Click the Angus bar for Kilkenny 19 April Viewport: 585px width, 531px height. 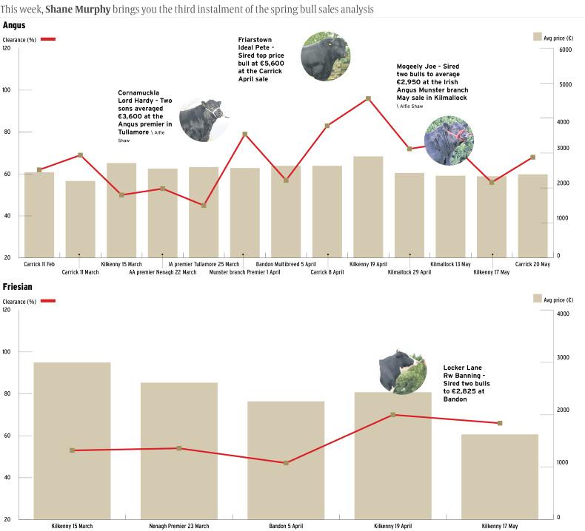pyautogui.click(x=368, y=206)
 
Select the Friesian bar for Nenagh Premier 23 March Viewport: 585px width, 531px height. pyautogui.click(x=179, y=450)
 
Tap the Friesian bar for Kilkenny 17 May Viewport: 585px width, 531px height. pyautogui.click(x=500, y=476)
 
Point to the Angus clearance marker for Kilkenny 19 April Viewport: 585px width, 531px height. pyautogui.click(x=368, y=98)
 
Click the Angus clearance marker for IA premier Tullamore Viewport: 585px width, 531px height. pyautogui.click(x=204, y=205)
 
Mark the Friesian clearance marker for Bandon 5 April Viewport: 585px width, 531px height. pyautogui.click(x=286, y=463)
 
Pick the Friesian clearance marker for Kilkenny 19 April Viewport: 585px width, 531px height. pyautogui.click(x=393, y=415)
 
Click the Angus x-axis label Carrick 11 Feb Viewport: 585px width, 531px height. pyautogui.click(x=39, y=264)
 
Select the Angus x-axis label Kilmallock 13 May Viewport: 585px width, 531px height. pyautogui.click(x=450, y=264)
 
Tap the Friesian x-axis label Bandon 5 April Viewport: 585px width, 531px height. pyautogui.click(x=286, y=526)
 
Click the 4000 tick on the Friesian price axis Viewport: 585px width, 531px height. pyautogui.click(x=563, y=314)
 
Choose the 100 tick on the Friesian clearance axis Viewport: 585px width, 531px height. pyautogui.click(x=7, y=352)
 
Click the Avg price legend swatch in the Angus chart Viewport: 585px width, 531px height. pyautogui.click(x=537, y=35)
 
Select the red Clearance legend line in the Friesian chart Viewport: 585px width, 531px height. pyautogui.click(x=47, y=301)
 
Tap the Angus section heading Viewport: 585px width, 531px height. pyautogui.click(x=14, y=25)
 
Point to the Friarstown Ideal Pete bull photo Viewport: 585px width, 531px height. pyautogui.click(x=325, y=56)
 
